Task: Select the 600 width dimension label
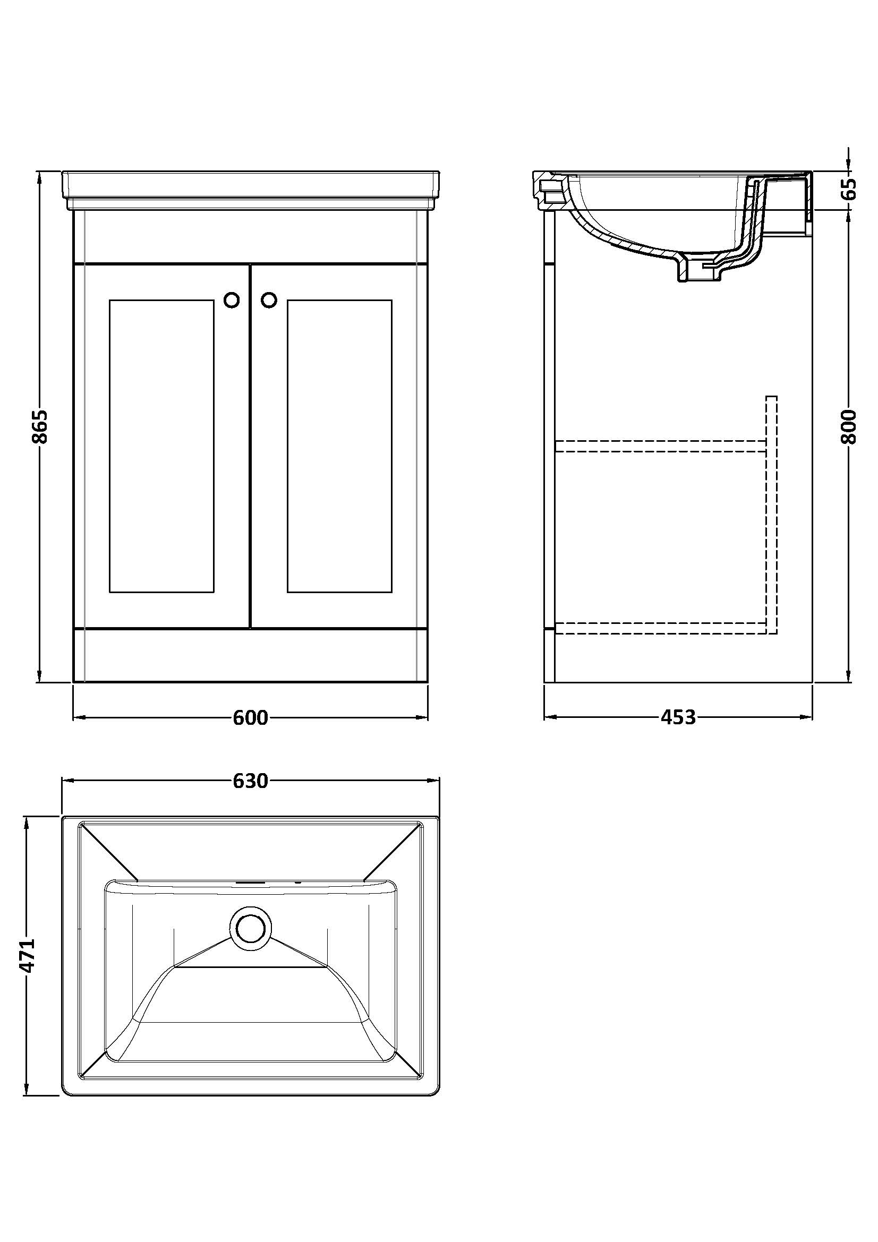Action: tap(251, 718)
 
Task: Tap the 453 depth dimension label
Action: tap(678, 717)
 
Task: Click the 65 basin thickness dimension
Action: tap(851, 189)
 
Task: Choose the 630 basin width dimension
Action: tap(251, 781)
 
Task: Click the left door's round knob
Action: tap(232, 301)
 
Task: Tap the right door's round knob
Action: tap(269, 301)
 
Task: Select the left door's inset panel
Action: tap(162, 446)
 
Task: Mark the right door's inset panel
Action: tap(340, 446)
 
